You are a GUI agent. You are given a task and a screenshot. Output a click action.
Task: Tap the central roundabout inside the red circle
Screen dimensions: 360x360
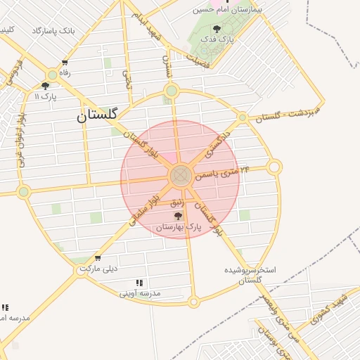pos(180,176)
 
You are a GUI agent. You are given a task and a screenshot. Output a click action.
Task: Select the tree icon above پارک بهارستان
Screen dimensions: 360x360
pos(177,216)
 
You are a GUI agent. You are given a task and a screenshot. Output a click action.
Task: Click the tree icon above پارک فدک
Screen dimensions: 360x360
pos(216,29)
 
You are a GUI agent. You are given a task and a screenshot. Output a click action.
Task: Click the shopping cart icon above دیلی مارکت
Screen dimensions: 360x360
pos(97,257)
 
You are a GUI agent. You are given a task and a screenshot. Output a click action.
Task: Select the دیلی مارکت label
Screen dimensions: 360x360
pos(98,269)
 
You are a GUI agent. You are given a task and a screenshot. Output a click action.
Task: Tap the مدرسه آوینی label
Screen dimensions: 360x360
pos(140,292)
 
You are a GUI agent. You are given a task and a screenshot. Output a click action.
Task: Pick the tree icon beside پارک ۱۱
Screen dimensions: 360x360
pos(45,86)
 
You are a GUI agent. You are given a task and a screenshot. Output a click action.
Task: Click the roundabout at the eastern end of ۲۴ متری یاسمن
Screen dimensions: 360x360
pos(274,167)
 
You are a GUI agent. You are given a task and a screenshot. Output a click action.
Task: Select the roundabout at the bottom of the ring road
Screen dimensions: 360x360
pos(193,302)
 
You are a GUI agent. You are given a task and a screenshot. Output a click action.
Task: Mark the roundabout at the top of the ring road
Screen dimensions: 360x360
pos(171,90)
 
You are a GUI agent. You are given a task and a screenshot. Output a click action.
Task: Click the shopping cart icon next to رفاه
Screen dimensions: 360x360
pos(65,63)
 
